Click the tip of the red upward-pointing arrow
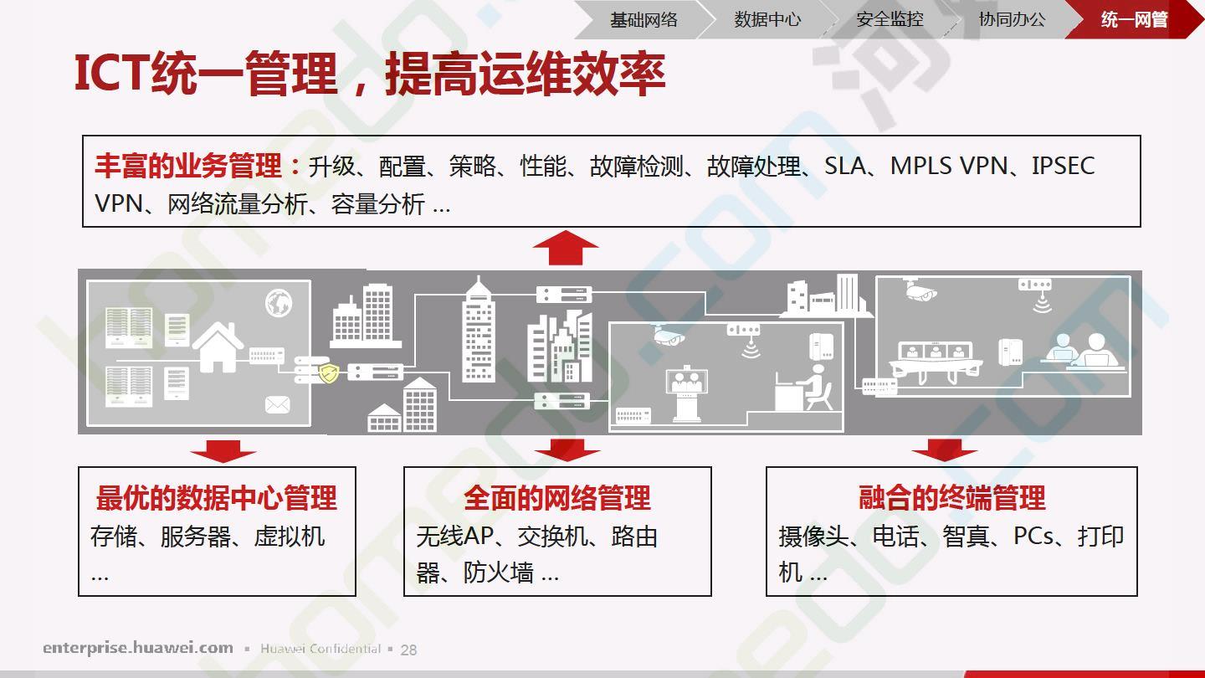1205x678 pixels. coord(566,231)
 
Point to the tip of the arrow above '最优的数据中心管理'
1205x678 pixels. coord(223,462)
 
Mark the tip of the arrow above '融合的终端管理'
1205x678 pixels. coord(945,462)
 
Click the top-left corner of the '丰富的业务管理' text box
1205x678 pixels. coord(83,136)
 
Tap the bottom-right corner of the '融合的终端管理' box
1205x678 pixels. coord(1136,596)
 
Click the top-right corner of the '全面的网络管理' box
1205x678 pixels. coord(711,467)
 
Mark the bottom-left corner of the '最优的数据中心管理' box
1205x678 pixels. coord(79,596)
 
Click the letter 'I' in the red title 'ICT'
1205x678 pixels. coord(80,72)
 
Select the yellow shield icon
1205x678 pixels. coord(329,372)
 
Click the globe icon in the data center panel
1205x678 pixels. coord(279,302)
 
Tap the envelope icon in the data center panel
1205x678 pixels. coord(278,404)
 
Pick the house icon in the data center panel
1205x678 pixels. coord(218,347)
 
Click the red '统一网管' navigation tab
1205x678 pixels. coord(1134,20)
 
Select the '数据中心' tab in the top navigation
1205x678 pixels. coord(767,20)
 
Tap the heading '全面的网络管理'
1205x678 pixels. coord(557,498)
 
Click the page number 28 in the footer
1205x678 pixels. coord(409,650)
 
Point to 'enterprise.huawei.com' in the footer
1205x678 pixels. coord(138,648)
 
